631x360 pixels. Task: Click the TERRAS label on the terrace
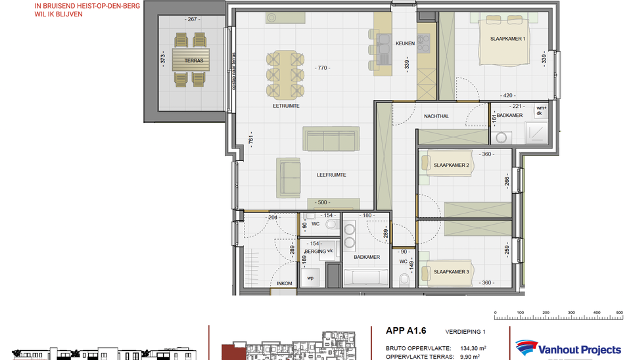[x=193, y=60]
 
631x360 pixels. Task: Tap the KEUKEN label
[x=405, y=44]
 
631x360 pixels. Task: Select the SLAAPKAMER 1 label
[x=508, y=39]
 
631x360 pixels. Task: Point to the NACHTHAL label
[x=436, y=116]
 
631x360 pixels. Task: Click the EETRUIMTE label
[x=287, y=104]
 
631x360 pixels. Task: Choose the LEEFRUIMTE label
[x=331, y=175]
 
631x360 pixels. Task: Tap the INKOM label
[x=284, y=283]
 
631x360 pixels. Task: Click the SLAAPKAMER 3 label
[x=451, y=271]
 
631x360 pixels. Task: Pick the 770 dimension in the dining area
[x=322, y=68]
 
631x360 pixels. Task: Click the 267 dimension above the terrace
[x=193, y=20]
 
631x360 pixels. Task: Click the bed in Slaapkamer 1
[x=505, y=43]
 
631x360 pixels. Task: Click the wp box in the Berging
[x=310, y=277]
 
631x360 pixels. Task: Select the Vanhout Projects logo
[x=568, y=348]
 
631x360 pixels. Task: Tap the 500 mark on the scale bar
[x=619, y=312]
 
